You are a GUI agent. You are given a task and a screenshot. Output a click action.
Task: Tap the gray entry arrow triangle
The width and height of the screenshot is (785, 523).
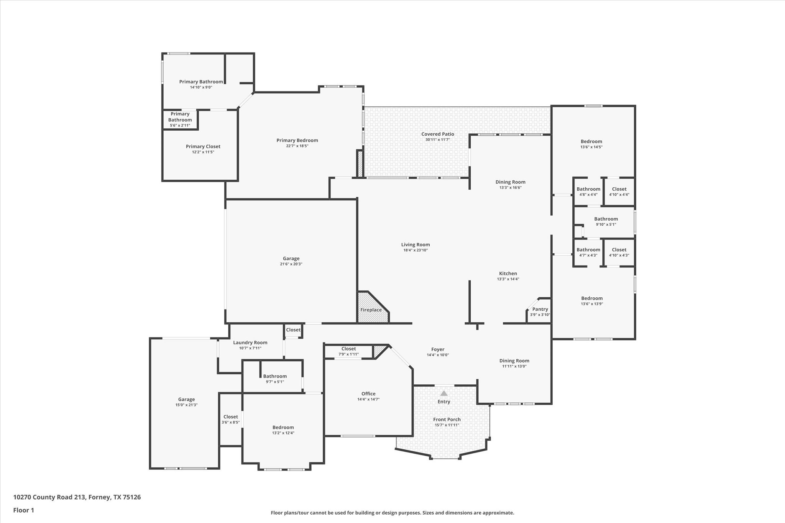coord(444,393)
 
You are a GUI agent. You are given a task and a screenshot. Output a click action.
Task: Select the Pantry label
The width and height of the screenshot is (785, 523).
coord(540,309)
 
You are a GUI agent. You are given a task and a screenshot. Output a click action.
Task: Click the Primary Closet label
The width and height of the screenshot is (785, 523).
coord(203,146)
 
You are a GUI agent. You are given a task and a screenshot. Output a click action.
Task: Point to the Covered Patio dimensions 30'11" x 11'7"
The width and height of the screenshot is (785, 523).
coord(438,140)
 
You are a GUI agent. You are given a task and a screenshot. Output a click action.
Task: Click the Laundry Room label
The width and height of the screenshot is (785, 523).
coord(250,343)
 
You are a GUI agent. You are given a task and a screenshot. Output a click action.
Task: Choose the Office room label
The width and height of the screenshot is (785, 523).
coord(368,393)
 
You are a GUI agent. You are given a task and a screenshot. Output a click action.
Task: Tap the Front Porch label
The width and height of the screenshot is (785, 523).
coord(447,419)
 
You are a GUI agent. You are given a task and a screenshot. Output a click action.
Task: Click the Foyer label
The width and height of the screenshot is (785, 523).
coord(438,349)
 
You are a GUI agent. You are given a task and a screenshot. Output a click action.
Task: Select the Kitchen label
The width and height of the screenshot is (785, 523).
coord(508,274)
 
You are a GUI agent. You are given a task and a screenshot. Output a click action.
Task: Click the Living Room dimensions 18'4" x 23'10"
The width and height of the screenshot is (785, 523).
coord(415,250)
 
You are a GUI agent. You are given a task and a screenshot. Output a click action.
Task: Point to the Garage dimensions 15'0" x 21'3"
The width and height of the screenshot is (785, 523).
coord(186,405)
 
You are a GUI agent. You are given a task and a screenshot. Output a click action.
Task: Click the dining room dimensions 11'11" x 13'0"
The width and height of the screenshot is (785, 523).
coord(514,366)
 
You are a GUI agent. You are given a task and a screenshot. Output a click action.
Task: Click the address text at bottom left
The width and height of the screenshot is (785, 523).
coord(77,497)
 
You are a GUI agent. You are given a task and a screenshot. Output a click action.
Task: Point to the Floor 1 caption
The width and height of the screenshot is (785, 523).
coord(24,510)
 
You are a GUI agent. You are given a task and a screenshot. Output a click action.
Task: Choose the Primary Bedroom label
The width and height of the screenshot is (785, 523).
coord(297,140)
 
